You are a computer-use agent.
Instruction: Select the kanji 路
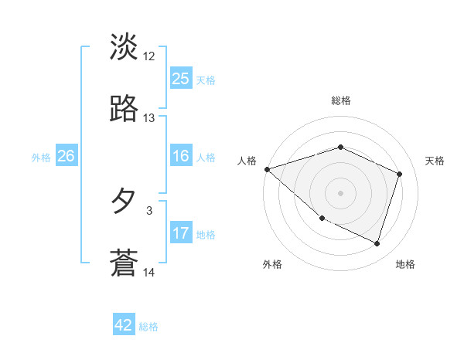coord(124,109)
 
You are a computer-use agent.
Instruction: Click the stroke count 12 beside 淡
coord(149,56)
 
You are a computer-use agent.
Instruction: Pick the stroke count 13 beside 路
coord(149,118)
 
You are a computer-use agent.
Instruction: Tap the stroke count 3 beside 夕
coord(149,209)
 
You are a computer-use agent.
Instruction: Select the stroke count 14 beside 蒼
coord(149,272)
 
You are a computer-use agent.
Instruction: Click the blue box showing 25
coord(181,79)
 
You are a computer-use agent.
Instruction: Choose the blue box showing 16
coord(181,157)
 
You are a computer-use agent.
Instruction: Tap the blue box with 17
coord(181,234)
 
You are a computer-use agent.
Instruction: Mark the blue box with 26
coord(66,157)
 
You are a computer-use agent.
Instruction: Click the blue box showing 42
coord(124,326)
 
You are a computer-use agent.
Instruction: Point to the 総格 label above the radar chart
coord(341,100)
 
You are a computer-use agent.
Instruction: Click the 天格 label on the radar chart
coord(435,161)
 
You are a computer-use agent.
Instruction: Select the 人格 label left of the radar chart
coord(247,161)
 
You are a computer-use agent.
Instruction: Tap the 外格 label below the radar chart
coord(272,264)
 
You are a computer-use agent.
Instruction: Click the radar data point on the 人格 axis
coord(267,169)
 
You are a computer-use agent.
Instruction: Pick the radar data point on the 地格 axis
coord(377,243)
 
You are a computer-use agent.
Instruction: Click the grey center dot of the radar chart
coord(341,193)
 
